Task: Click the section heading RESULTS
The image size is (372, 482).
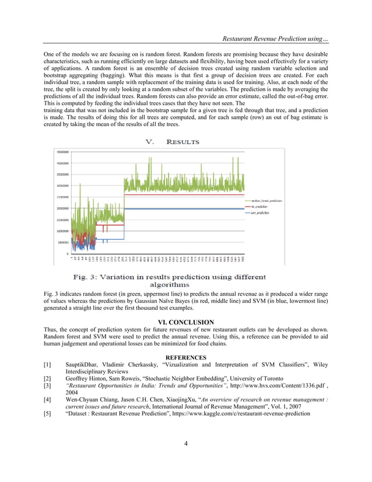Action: coord(183,142)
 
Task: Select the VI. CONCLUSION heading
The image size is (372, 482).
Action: coord(186,322)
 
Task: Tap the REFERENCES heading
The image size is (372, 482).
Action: coord(186,357)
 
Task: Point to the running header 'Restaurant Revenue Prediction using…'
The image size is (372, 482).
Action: coord(271,39)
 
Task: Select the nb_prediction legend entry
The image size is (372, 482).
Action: coord(259,207)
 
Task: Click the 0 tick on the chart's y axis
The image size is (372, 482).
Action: coord(66,254)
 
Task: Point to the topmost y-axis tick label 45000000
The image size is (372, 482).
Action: coord(61,152)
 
